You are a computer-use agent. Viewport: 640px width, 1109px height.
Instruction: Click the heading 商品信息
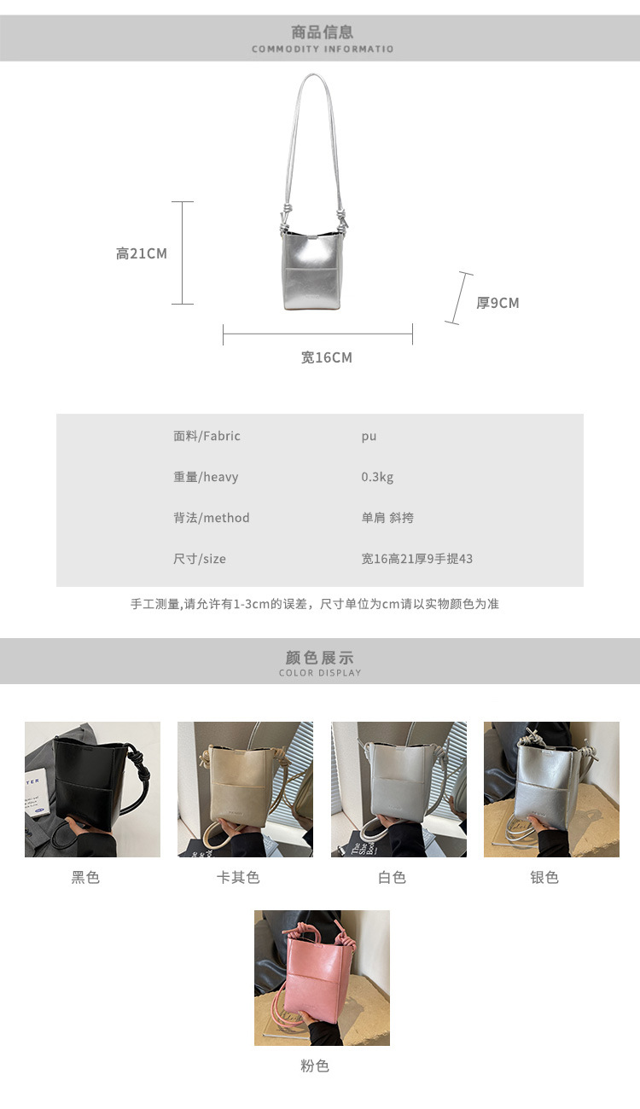322,32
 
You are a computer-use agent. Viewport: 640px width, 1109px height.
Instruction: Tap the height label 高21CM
141,253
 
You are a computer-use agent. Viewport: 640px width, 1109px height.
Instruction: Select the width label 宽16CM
327,357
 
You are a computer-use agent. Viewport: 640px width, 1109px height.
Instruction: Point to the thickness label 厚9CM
497,303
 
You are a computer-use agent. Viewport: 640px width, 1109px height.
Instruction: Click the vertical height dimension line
183,253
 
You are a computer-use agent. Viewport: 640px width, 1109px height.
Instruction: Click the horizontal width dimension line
317,334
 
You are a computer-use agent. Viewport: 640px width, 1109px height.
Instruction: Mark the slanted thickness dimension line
459,298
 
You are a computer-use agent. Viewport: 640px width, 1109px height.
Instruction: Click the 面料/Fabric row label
207,436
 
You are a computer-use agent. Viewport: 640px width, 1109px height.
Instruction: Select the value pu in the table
369,437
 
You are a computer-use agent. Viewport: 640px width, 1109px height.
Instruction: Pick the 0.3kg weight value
377,477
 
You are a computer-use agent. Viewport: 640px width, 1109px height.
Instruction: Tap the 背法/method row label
211,518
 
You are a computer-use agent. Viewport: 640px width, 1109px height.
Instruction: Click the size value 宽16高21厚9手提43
416,559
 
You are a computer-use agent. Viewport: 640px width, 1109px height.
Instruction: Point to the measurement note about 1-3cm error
315,604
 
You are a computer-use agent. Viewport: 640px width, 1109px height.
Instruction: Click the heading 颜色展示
319,658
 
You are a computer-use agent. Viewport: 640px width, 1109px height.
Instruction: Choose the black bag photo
93,789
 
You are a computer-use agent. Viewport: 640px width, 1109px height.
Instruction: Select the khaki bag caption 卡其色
238,877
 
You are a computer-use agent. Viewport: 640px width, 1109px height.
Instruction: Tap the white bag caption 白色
392,877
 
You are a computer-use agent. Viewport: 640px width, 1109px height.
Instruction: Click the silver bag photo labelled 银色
551,789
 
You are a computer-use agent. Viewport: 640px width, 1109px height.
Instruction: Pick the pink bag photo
322,978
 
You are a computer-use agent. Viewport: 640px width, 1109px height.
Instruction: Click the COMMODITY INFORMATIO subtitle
323,49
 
